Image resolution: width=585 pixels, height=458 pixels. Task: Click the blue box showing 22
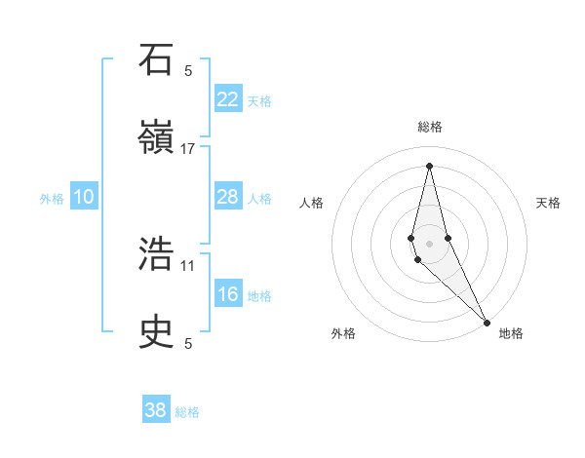pyautogui.click(x=228, y=99)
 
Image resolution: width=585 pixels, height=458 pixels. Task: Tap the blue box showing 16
pyautogui.click(x=228, y=295)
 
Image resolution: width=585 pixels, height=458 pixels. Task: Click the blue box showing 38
pyautogui.click(x=156, y=410)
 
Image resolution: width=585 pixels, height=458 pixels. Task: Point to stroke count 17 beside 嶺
pyautogui.click(x=188, y=148)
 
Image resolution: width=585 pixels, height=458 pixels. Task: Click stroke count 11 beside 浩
pyautogui.click(x=188, y=265)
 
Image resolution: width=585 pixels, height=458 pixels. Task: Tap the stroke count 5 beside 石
pyautogui.click(x=188, y=70)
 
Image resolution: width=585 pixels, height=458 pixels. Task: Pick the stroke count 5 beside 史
pyautogui.click(x=188, y=343)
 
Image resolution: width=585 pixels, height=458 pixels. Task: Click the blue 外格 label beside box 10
pyautogui.click(x=52, y=199)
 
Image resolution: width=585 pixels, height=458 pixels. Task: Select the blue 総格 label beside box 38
pyautogui.click(x=187, y=412)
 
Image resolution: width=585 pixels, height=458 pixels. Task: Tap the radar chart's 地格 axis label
pyautogui.click(x=511, y=333)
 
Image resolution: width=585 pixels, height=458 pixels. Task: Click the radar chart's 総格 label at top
pyautogui.click(x=430, y=127)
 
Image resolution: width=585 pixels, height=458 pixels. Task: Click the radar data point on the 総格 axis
pyautogui.click(x=430, y=165)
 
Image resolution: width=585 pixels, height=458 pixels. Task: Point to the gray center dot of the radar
pyautogui.click(x=430, y=243)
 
